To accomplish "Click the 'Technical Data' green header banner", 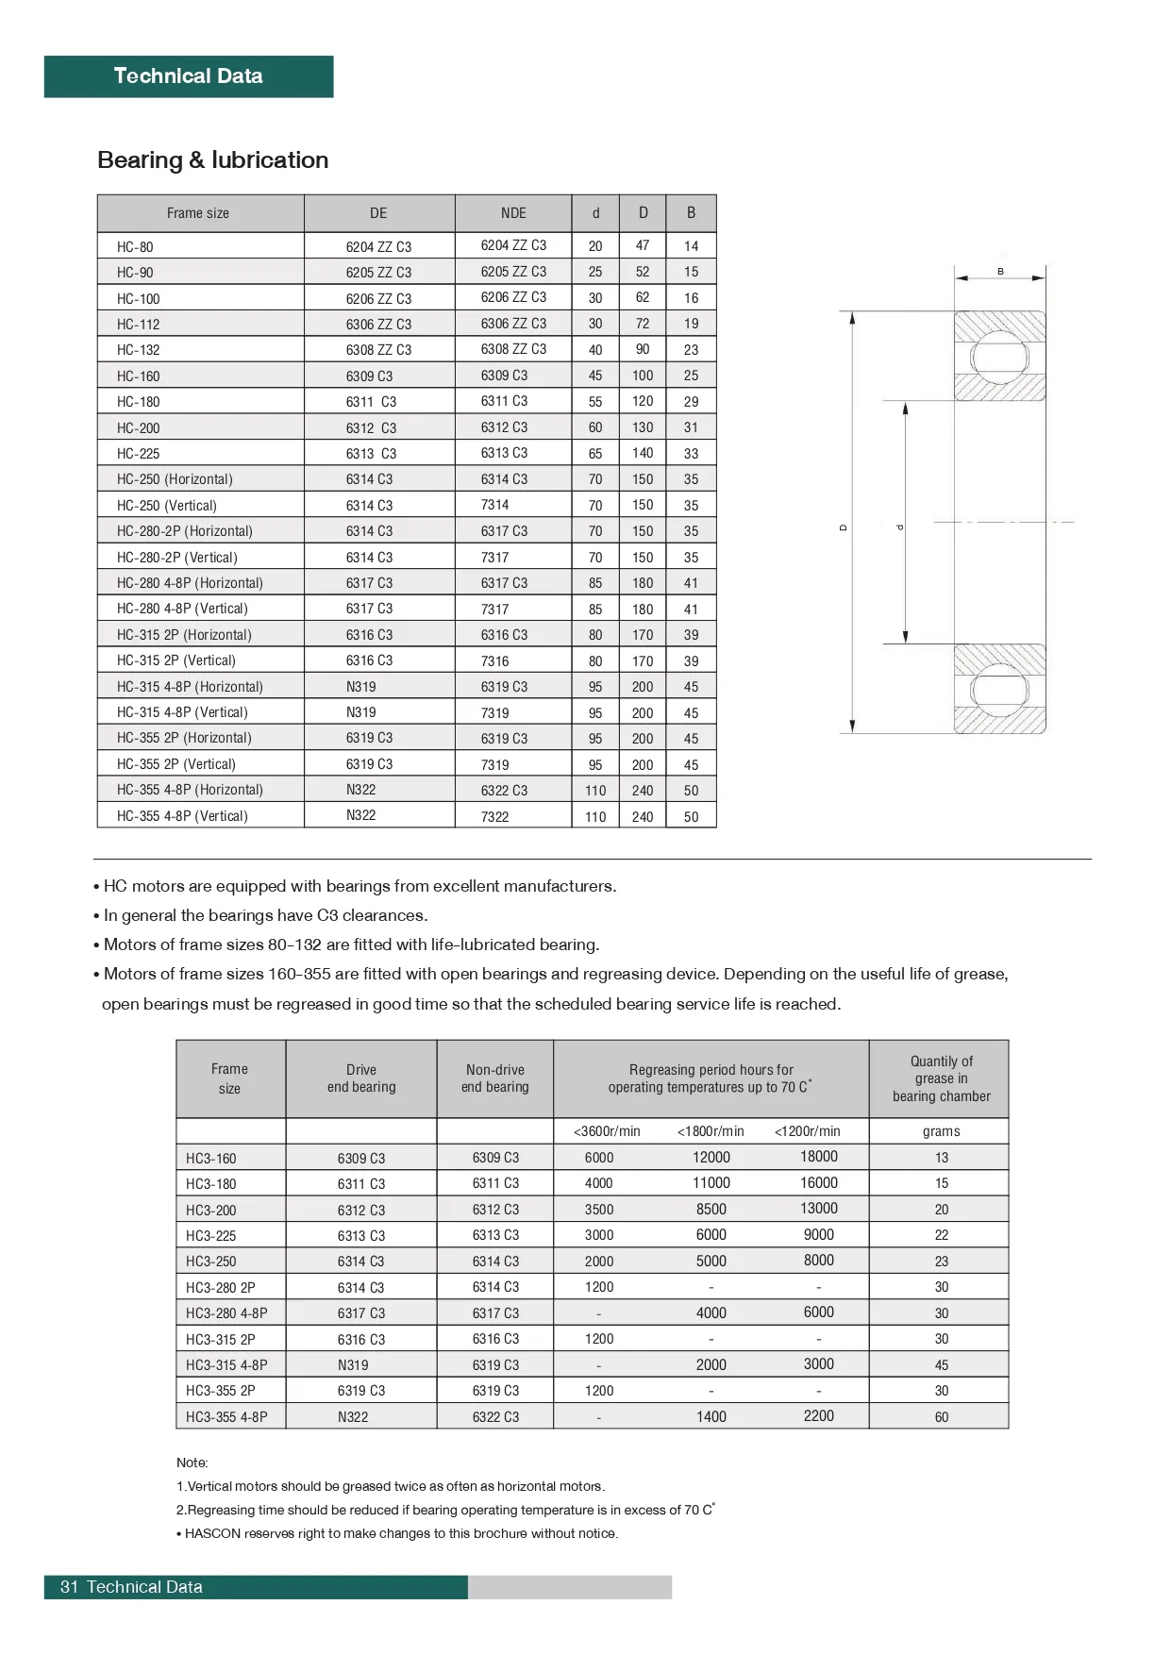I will point(188,76).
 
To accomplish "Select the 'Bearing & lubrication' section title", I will point(212,160).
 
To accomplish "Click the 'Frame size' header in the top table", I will point(198,213).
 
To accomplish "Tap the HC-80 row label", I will point(135,247).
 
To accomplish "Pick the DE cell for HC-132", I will point(378,350).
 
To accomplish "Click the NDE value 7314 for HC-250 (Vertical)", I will point(494,505).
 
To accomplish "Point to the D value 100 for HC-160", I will point(643,376).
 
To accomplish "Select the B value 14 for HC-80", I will point(691,246).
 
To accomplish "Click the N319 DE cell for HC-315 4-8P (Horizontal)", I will point(360,687).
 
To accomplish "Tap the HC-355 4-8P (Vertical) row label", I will point(182,816).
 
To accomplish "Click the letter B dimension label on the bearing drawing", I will point(1000,272).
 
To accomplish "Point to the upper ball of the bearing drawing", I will point(999,357).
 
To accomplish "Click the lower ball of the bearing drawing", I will point(999,689).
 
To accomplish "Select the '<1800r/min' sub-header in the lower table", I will point(711,1131).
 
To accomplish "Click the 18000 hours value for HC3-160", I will point(818,1157).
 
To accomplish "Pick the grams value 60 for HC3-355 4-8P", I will point(941,1417).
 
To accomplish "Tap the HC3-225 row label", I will point(211,1236).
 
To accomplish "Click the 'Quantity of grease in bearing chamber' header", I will point(941,1078).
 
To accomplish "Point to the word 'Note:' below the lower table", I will point(192,1463).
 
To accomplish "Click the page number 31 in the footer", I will point(69,1587).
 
